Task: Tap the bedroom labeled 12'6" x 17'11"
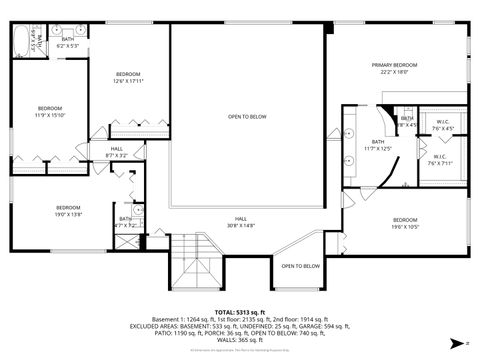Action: [128, 77]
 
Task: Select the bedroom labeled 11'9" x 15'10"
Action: [50, 111]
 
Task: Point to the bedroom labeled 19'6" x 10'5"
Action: [404, 222]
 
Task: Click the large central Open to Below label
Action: [247, 117]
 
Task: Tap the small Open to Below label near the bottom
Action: [300, 266]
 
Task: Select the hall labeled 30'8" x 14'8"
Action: [241, 222]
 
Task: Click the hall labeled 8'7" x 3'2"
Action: [116, 152]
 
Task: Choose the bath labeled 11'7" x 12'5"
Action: [378, 145]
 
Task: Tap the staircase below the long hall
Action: [190, 262]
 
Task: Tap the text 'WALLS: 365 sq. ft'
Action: [240, 340]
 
